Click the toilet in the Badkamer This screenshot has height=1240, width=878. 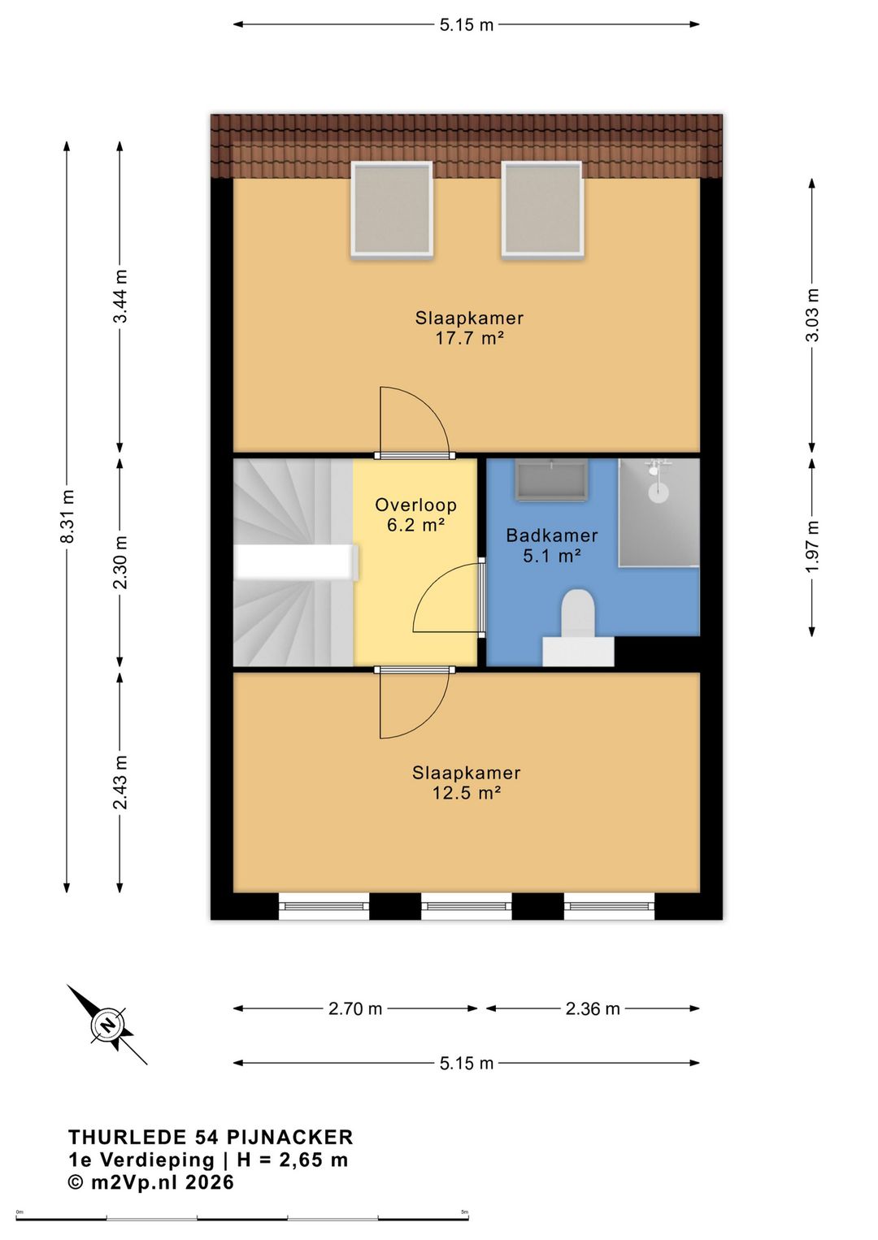578,627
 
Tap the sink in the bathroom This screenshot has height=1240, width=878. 551,479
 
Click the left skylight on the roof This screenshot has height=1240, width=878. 392,210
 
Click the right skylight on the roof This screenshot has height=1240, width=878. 542,210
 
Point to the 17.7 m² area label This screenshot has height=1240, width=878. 469,338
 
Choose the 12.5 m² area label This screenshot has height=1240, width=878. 467,793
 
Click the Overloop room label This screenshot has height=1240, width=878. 416,505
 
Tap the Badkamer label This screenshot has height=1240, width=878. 552,535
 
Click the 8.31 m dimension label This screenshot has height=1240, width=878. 67,516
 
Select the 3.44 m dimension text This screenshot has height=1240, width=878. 120,296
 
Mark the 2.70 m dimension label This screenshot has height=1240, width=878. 355,1008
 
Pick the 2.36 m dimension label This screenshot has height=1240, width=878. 592,1008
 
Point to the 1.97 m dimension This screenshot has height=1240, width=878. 811,548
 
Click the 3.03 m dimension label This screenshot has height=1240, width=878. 811,315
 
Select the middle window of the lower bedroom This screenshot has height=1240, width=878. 467,906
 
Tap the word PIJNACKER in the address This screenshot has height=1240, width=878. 289,1137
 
